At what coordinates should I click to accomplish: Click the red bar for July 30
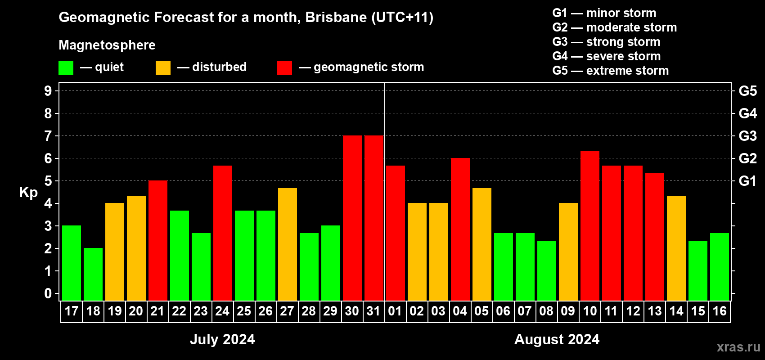[352, 218]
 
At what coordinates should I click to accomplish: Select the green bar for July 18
[93, 274]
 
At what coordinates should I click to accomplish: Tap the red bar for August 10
[590, 225]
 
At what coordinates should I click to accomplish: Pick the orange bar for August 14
[676, 248]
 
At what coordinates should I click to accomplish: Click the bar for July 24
[223, 233]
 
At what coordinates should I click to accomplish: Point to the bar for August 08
[546, 270]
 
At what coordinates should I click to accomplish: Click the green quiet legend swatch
[66, 67]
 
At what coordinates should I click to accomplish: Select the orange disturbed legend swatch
[163, 67]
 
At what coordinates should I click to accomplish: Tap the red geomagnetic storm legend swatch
[284, 67]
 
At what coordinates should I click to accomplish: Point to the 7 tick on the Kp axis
[48, 136]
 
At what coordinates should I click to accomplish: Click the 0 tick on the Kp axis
[48, 293]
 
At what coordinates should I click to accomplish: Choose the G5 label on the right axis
[747, 91]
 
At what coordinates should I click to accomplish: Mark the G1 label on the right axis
[747, 181]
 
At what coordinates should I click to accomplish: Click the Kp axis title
[28, 192]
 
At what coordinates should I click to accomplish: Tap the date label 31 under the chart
[373, 311]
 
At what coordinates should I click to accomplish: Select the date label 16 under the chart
[720, 311]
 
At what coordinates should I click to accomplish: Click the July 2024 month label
[222, 339]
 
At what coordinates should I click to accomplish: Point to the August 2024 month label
[557, 339]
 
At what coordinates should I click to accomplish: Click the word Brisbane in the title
[336, 17]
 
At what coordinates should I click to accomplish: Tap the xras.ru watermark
[739, 347]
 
